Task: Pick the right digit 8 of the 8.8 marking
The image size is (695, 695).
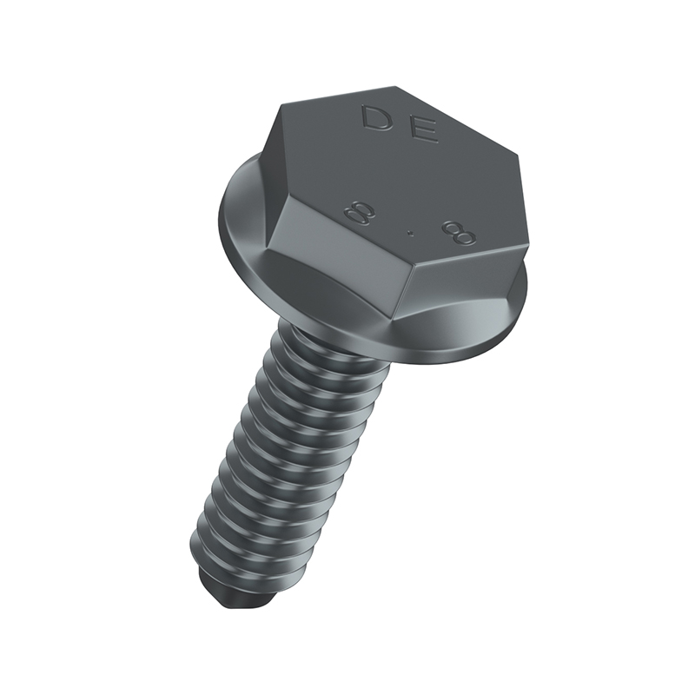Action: pos(460,233)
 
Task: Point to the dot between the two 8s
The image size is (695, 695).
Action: pos(411,232)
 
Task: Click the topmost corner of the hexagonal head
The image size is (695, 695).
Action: pos(394,87)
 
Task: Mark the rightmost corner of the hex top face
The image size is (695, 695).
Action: pos(519,155)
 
